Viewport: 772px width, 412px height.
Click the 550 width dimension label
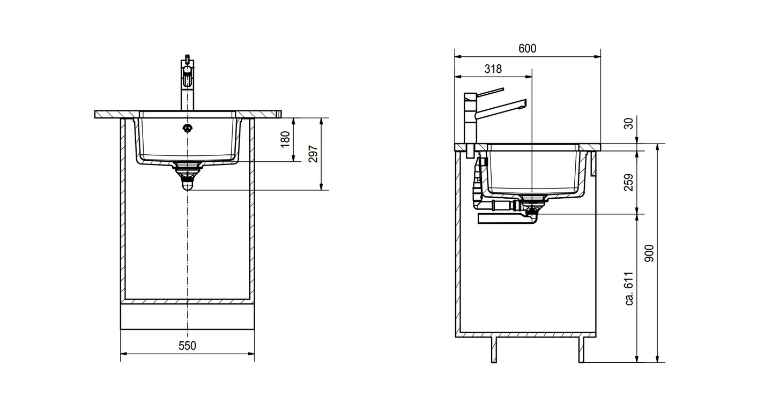187,346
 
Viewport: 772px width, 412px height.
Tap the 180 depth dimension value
285,139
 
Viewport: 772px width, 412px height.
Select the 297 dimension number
313,154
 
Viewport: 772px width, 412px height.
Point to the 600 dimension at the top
528,49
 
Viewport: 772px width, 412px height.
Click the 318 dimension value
493,69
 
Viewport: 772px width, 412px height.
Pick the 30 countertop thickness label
629,123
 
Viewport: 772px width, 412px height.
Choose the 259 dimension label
629,182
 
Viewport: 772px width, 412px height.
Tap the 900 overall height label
649,253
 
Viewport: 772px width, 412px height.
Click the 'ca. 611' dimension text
629,289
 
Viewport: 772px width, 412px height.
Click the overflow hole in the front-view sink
188,129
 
